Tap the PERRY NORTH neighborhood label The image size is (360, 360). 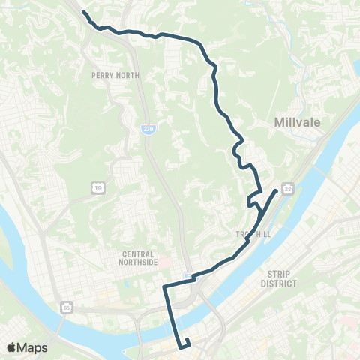pyautogui.click(x=111, y=75)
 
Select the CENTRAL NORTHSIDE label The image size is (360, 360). pyautogui.click(x=140, y=259)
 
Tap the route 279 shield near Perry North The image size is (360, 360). pyautogui.click(x=148, y=129)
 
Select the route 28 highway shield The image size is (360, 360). pyautogui.click(x=289, y=187)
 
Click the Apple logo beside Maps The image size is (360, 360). pyautogui.click(x=12, y=347)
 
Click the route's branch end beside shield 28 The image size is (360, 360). pyautogui.click(x=276, y=191)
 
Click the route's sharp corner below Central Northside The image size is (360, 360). pyautogui.click(x=165, y=286)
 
